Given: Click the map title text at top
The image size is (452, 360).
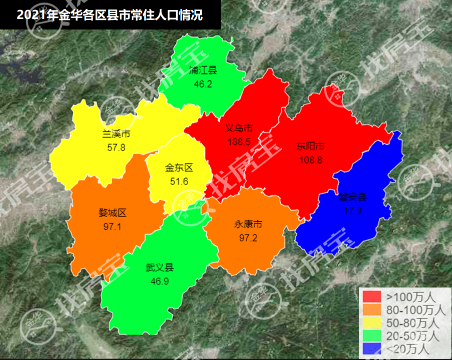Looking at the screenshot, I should (110, 14).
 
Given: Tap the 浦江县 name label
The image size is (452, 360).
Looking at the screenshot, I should (203, 70).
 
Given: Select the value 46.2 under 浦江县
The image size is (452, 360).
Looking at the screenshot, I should (203, 84).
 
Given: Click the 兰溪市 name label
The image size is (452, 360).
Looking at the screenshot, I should (116, 134).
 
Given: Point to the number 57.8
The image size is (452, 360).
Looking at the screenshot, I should (116, 147).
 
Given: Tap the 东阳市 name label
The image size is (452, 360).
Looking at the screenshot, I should (310, 146).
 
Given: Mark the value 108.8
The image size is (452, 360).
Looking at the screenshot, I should (310, 160).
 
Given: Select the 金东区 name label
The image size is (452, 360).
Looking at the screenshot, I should (179, 168).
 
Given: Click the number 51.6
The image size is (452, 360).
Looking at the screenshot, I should (179, 181).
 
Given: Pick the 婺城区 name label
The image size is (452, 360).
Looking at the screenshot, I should (113, 213).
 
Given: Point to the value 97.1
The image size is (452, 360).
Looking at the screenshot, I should (113, 226).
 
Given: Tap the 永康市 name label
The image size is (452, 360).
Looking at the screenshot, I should (248, 224).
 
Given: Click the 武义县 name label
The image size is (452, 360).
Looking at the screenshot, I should (159, 268).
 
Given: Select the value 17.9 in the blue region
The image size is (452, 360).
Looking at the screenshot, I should (353, 210).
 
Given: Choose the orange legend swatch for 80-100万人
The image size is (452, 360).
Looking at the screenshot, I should (371, 309).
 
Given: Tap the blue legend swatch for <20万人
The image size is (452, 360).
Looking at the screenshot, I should (371, 348).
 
